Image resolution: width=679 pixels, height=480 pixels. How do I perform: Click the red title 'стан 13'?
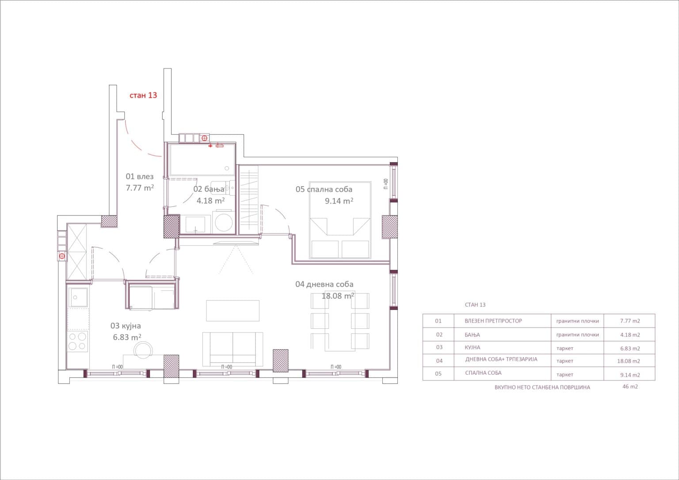[x=143, y=95]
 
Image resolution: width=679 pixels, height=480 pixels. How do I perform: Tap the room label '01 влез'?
[x=140, y=176]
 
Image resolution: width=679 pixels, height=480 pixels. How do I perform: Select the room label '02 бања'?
[x=209, y=189]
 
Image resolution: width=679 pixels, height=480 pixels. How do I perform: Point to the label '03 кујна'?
[x=126, y=326]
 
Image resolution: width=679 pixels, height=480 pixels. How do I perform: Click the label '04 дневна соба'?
[x=324, y=284]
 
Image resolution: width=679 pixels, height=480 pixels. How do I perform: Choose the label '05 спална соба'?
[x=324, y=189]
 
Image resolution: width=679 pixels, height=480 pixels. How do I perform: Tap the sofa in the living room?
[x=233, y=349]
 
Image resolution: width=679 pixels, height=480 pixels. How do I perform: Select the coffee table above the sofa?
[x=233, y=310]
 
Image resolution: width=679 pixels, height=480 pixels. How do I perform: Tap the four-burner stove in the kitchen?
[x=77, y=341]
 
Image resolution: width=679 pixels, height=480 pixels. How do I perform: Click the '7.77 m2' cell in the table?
[x=630, y=321]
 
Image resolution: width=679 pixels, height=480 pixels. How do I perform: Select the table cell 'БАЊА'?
[x=472, y=335]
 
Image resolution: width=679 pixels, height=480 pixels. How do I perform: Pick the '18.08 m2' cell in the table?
[x=629, y=361]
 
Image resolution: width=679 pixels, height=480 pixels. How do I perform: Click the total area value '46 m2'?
[x=630, y=386]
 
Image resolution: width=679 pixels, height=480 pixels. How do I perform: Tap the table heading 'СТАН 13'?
[x=475, y=305]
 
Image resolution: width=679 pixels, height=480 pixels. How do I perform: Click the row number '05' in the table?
[x=438, y=373]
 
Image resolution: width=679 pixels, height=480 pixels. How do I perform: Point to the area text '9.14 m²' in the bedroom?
[x=339, y=201]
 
